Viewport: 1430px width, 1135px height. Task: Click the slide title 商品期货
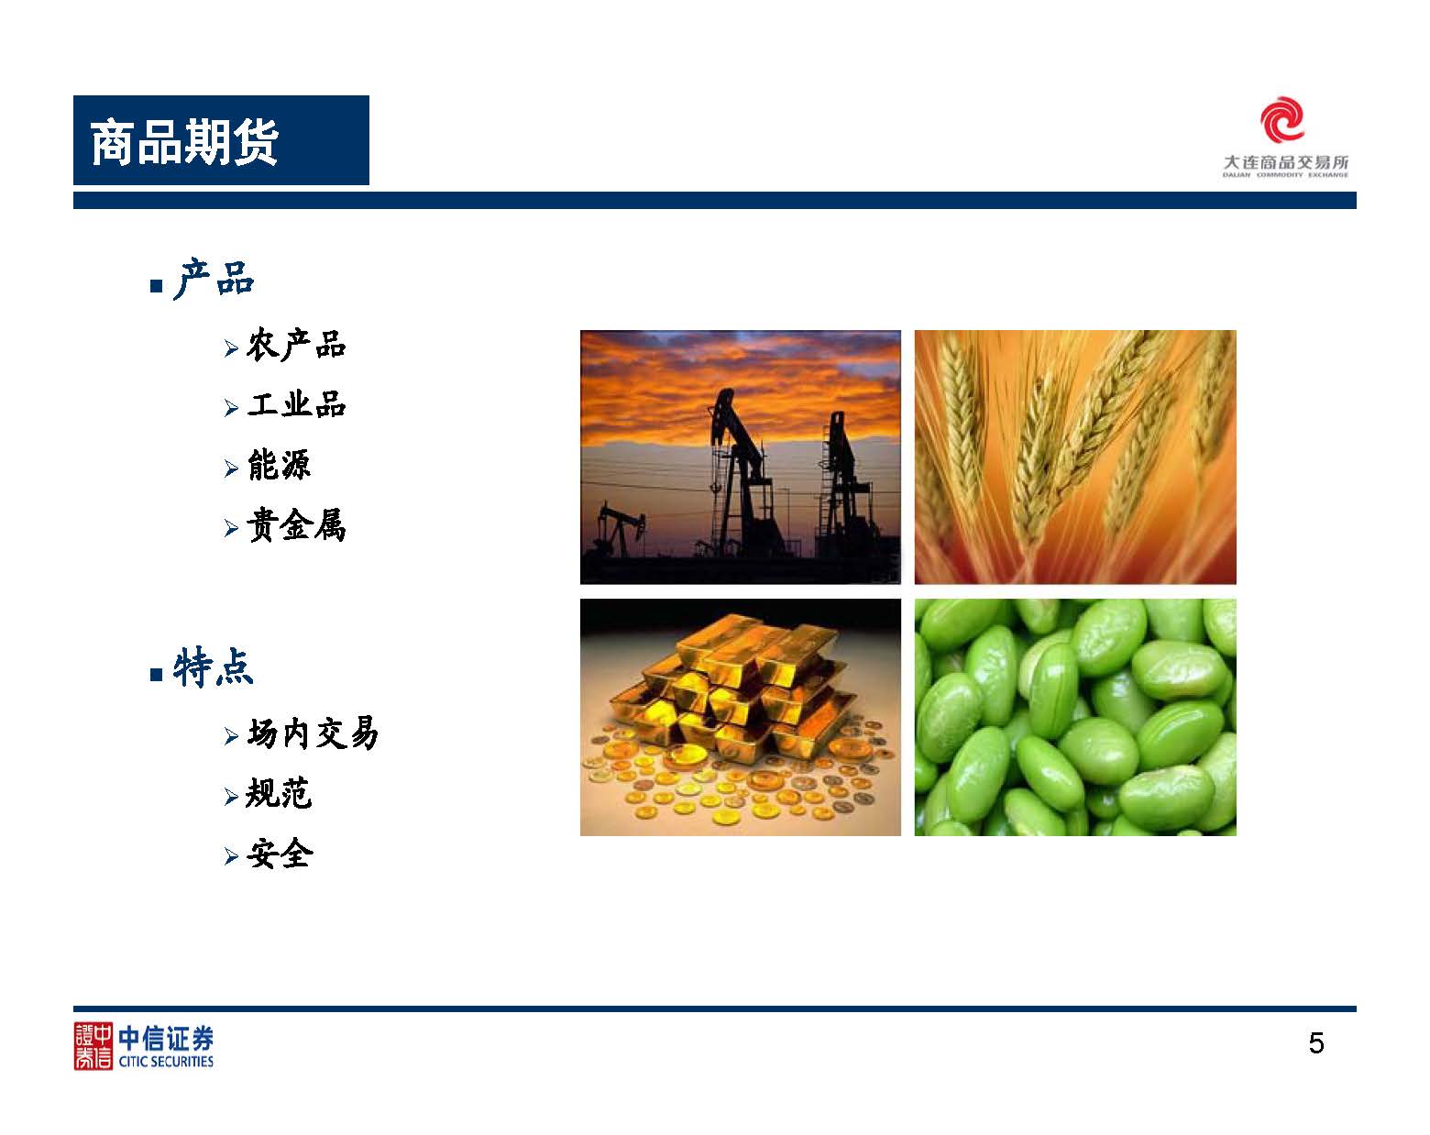[184, 142]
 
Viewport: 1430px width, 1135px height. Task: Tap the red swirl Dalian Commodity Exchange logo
[1281, 119]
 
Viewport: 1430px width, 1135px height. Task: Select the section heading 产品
[214, 279]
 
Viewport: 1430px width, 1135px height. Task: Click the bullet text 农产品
[296, 345]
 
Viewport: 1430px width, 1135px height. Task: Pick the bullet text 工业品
[296, 404]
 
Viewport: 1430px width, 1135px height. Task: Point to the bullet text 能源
[279, 465]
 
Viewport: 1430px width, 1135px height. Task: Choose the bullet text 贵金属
[296, 525]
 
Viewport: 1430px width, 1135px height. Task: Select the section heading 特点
[214, 667]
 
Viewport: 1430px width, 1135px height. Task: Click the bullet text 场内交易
[313, 733]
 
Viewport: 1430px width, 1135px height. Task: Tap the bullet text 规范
[279, 793]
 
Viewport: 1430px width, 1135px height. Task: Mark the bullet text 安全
[280, 854]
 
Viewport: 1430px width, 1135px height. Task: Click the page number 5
[1315, 1043]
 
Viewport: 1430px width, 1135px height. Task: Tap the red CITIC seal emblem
[93, 1046]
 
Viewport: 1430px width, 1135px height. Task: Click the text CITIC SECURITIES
[166, 1062]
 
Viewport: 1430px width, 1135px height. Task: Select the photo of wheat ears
[1075, 457]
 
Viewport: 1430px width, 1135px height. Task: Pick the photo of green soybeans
[1075, 717]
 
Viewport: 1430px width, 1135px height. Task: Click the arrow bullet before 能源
[231, 468]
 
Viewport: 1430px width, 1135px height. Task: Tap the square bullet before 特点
[157, 675]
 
